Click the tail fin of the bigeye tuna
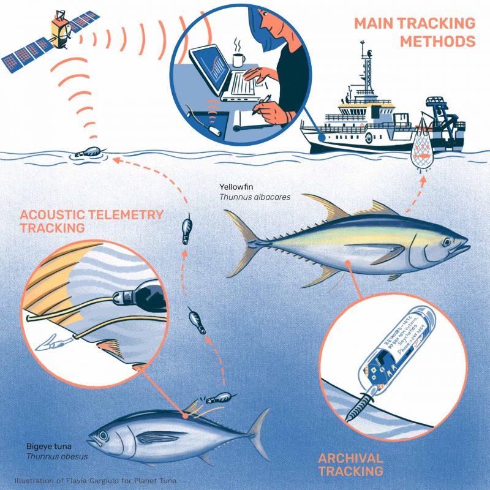257,429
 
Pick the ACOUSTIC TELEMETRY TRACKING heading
91,221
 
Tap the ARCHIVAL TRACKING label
351,464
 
